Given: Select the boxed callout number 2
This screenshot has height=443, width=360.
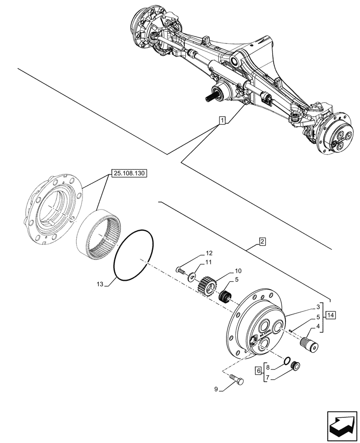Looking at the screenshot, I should click(x=262, y=242).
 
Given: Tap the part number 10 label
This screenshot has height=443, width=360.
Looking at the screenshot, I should click(x=238, y=271).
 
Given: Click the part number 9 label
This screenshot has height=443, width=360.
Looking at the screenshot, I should click(x=217, y=389).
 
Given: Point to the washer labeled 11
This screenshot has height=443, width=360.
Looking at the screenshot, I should click(x=191, y=277).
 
